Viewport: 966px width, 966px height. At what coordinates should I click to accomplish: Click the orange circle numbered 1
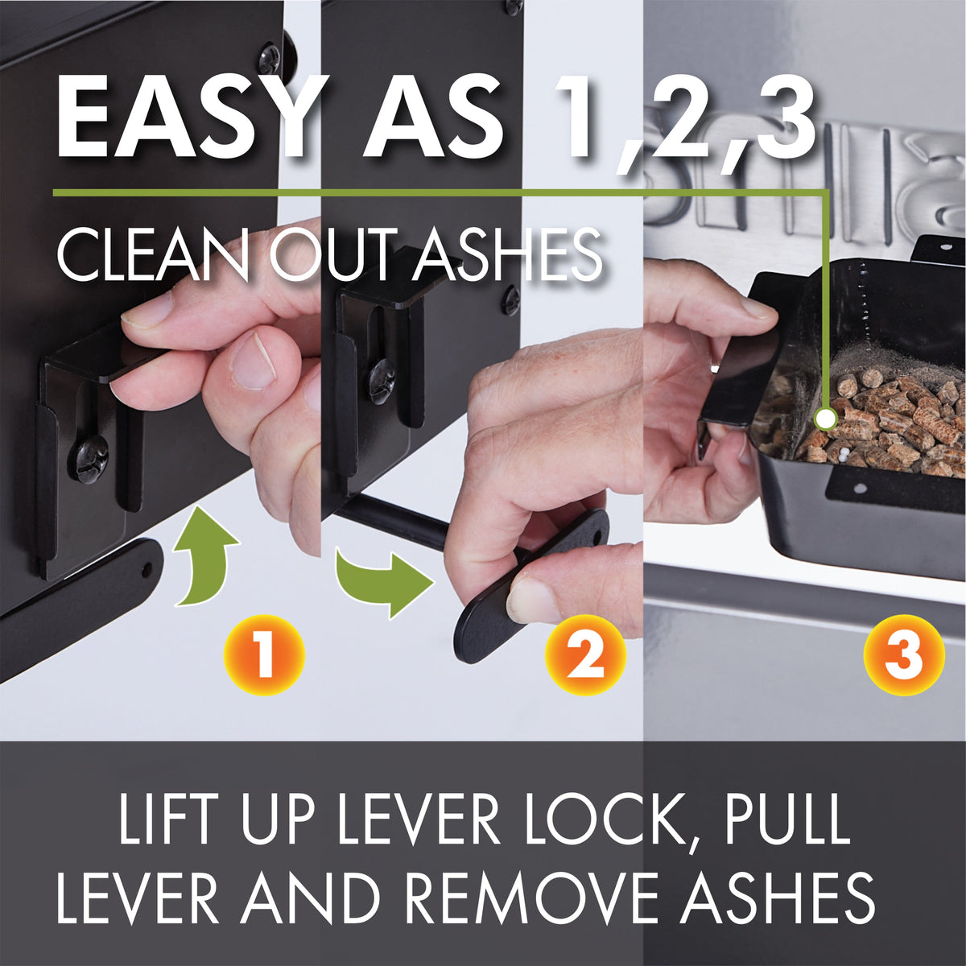coord(264,654)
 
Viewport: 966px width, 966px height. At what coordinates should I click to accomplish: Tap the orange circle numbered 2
coord(586,654)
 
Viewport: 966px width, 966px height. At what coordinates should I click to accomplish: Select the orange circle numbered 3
coord(904,654)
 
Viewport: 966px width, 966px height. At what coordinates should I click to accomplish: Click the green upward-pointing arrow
coord(204,555)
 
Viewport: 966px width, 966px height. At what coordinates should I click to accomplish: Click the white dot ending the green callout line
coord(825,418)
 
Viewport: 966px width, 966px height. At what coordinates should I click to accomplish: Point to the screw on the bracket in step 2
coord(382,379)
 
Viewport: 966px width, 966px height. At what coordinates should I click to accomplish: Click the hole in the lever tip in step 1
coord(147,568)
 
